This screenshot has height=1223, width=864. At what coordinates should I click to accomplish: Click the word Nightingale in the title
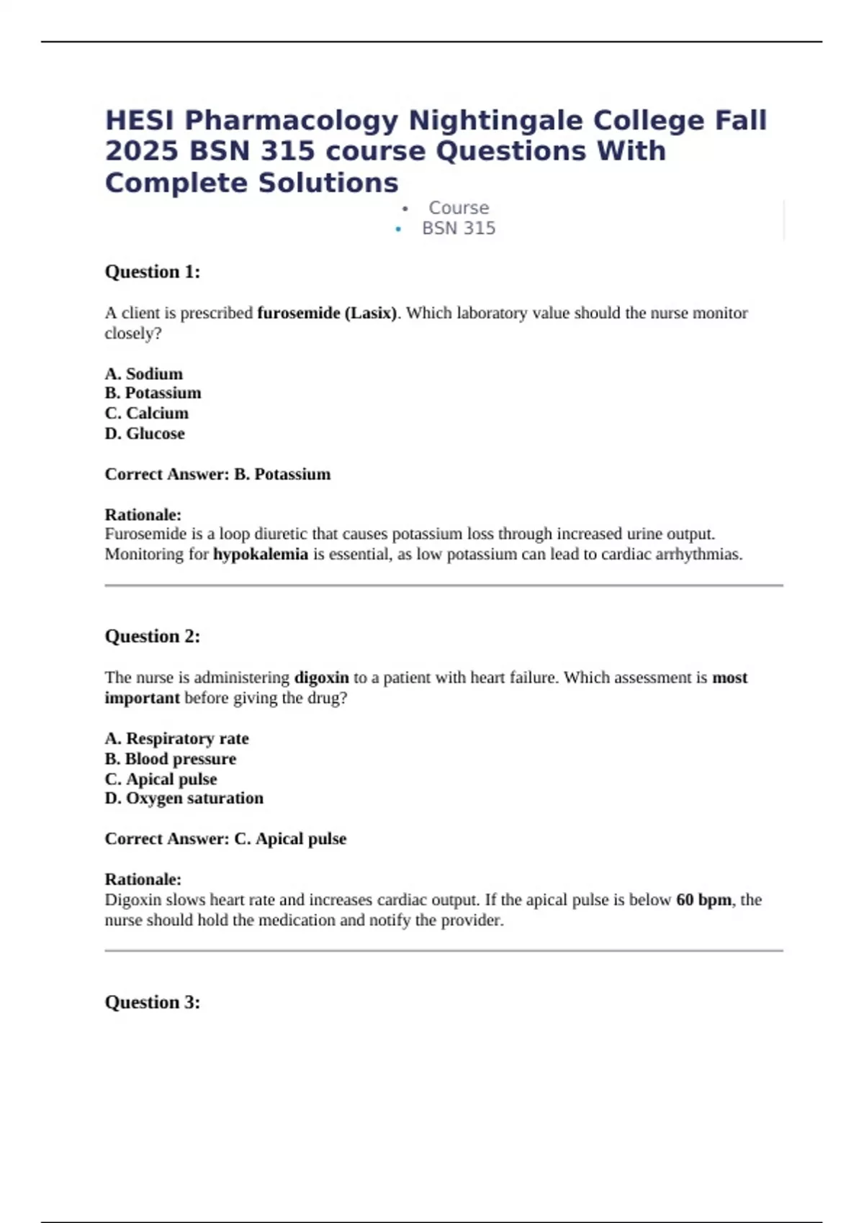[x=496, y=120]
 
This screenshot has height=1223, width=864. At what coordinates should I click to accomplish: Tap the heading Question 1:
[x=153, y=272]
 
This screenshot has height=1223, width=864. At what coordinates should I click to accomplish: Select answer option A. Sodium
[x=144, y=374]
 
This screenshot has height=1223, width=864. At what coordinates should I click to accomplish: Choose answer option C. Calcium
[x=147, y=413]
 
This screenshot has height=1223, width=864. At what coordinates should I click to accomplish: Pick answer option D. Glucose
[x=145, y=434]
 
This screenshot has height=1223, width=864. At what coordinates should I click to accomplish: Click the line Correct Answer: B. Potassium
[x=217, y=474]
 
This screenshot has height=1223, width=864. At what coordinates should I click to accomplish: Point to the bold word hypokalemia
[x=261, y=554]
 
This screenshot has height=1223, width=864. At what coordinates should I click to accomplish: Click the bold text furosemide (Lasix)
[x=327, y=313]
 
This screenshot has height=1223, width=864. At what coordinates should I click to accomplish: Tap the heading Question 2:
[x=153, y=637]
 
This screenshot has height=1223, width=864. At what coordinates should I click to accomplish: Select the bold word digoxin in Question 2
[x=321, y=678]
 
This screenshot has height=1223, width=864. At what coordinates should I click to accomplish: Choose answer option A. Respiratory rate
[x=176, y=739]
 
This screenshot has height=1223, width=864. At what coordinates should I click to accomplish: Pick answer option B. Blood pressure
[x=171, y=759]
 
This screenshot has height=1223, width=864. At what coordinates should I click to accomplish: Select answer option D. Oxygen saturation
[x=184, y=799]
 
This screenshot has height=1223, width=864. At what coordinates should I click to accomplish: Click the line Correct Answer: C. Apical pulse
[x=225, y=839]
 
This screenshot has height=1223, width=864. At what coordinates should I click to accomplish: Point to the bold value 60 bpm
[x=703, y=900]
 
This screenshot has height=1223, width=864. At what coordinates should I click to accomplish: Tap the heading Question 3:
[x=153, y=1002]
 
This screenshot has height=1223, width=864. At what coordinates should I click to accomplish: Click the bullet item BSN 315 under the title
[x=459, y=229]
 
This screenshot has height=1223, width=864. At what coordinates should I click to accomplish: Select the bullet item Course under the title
[x=459, y=208]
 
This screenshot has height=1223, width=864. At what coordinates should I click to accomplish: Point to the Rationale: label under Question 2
[x=143, y=879]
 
